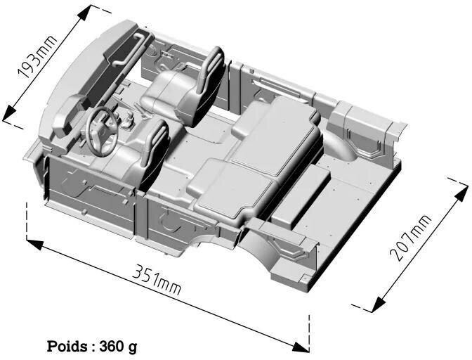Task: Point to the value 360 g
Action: coord(119,346)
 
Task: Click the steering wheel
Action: coord(102,130)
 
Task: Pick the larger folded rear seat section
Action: coord(274,134)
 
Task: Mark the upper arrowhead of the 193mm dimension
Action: coord(88,12)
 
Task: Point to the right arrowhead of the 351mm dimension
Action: coord(301,346)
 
